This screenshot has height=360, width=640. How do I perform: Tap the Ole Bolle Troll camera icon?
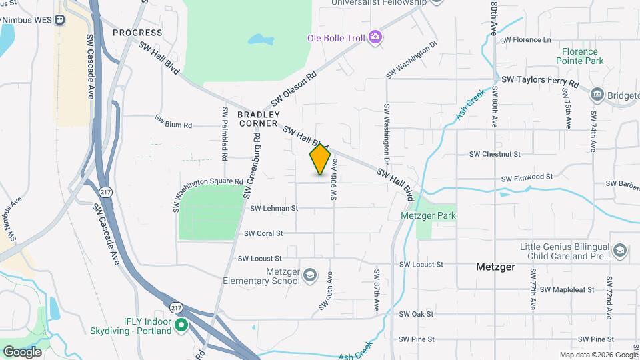click(x=375, y=37)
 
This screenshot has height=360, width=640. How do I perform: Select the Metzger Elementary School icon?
click(x=310, y=275)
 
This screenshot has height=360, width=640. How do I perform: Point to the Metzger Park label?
click(x=428, y=216)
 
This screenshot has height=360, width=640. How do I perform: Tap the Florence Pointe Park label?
click(x=582, y=56)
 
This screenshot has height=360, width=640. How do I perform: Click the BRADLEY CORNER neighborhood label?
click(x=257, y=119)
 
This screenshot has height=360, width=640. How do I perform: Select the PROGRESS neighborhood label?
click(x=137, y=32)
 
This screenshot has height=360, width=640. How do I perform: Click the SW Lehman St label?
click(x=273, y=208)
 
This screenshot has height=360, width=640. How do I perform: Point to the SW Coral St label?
click(x=263, y=233)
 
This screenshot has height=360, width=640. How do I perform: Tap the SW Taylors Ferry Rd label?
click(x=541, y=79)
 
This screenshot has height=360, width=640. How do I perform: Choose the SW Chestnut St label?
click(x=494, y=154)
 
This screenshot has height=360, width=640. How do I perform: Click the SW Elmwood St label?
click(x=527, y=177)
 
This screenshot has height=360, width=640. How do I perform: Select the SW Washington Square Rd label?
click(x=209, y=190)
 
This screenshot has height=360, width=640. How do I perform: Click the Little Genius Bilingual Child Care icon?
click(x=619, y=251)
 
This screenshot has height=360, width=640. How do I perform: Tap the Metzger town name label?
click(x=495, y=267)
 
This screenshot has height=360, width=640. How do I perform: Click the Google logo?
click(x=21, y=351)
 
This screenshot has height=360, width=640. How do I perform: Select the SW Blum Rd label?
click(x=173, y=121)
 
